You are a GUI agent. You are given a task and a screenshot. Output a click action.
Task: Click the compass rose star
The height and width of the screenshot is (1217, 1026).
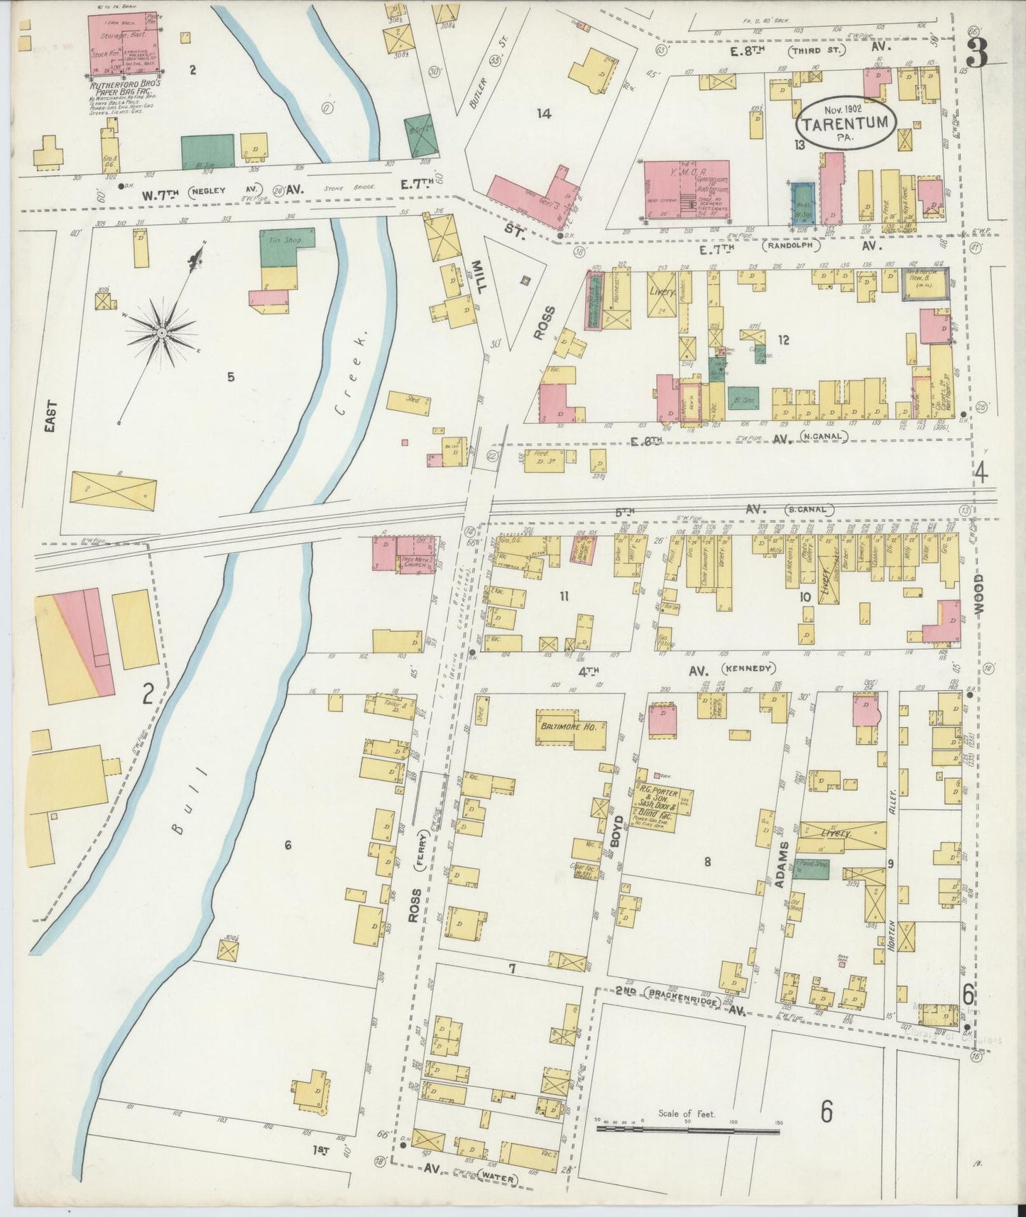(x=163, y=332)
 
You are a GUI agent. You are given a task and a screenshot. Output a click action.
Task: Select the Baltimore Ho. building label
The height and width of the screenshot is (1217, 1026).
(x=569, y=726)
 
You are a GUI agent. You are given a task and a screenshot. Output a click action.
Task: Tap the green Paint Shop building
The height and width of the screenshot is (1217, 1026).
(x=812, y=868)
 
